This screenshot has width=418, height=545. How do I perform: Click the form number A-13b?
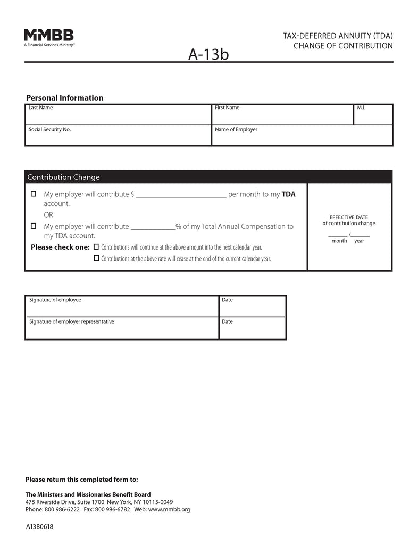point(208,54)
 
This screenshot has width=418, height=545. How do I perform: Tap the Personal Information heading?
point(64,98)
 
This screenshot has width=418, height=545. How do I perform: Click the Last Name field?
point(118,116)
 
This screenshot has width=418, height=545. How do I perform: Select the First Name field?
point(282,116)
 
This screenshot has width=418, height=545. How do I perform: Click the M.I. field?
point(373,116)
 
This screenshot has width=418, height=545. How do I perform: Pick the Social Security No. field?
point(118,137)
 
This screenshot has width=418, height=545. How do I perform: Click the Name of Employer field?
point(302,137)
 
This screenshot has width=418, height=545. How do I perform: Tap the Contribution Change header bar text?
point(63,177)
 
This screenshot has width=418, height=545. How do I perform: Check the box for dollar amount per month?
point(34,194)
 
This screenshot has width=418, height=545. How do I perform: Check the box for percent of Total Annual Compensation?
point(34,226)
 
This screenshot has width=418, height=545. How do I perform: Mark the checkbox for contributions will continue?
point(96,247)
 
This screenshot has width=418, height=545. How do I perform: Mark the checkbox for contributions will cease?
point(96,258)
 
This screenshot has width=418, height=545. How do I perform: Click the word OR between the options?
point(48,215)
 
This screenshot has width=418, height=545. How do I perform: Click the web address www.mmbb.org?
point(169,509)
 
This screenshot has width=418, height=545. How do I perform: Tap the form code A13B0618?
point(39,527)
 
